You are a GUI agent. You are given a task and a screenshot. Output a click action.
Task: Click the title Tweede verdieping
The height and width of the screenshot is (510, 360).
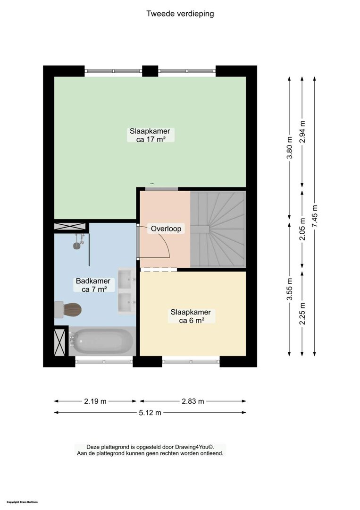180,14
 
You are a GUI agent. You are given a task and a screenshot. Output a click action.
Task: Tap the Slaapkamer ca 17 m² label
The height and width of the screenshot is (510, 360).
150,136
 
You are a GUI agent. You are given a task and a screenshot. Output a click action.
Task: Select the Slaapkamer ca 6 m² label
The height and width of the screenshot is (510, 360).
191,316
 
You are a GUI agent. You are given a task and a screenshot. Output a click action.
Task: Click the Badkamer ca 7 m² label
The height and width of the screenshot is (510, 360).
93,285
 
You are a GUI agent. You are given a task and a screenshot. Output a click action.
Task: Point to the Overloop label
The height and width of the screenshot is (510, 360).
166,229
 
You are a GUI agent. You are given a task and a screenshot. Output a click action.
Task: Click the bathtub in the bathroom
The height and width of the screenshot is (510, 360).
102,341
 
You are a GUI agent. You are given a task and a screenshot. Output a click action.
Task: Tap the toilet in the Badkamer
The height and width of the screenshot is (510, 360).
67,309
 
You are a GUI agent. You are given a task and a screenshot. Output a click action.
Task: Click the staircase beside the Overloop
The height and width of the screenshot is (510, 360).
218,229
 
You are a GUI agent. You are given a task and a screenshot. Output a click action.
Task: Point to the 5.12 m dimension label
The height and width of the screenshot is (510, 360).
150,413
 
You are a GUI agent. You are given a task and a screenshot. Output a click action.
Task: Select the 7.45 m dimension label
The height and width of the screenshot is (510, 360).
315,216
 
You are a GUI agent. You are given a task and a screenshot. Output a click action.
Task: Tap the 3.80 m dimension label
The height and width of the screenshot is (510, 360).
290,148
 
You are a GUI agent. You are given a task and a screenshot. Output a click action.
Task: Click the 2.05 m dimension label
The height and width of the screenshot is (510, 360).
302,229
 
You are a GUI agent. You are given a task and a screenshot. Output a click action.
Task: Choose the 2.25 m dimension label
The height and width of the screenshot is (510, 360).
302,314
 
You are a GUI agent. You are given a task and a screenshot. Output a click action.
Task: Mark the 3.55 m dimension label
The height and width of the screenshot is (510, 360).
290,289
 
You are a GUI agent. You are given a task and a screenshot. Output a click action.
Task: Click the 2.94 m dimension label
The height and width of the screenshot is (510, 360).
302,132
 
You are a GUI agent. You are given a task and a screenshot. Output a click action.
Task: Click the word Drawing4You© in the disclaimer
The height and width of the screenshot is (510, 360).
194,447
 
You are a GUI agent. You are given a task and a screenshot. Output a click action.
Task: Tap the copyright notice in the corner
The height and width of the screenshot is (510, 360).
22,502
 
